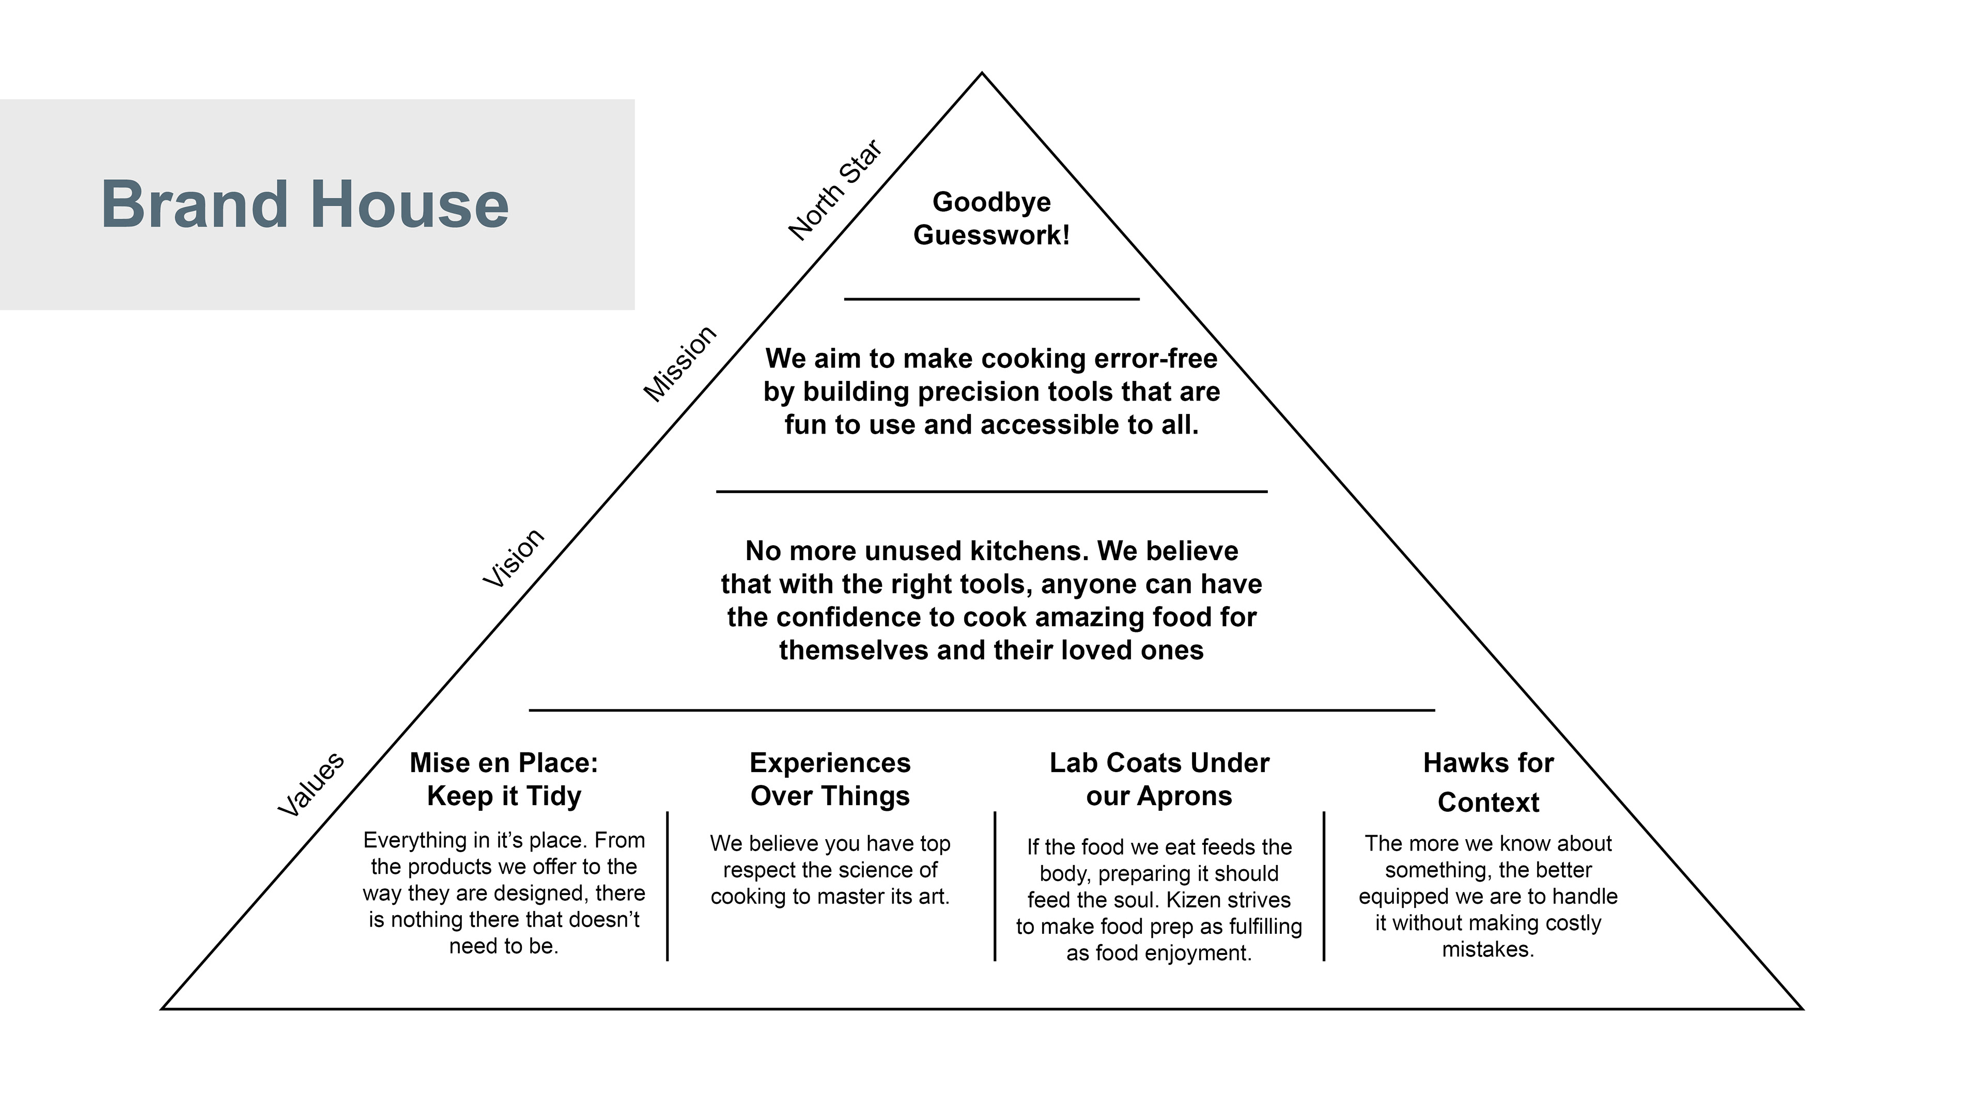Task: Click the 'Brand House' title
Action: click(305, 204)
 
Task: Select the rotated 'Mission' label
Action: click(679, 364)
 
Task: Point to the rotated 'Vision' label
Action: click(513, 559)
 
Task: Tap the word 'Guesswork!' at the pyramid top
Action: click(991, 235)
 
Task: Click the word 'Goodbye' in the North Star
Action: click(991, 202)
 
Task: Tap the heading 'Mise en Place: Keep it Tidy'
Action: click(504, 779)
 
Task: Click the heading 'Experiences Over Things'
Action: click(830, 779)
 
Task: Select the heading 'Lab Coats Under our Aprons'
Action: click(1159, 779)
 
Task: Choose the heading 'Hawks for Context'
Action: click(1488, 782)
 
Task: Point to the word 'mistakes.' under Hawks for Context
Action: click(1488, 949)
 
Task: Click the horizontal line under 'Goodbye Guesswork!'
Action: click(991, 299)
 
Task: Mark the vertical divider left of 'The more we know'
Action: click(1324, 886)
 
